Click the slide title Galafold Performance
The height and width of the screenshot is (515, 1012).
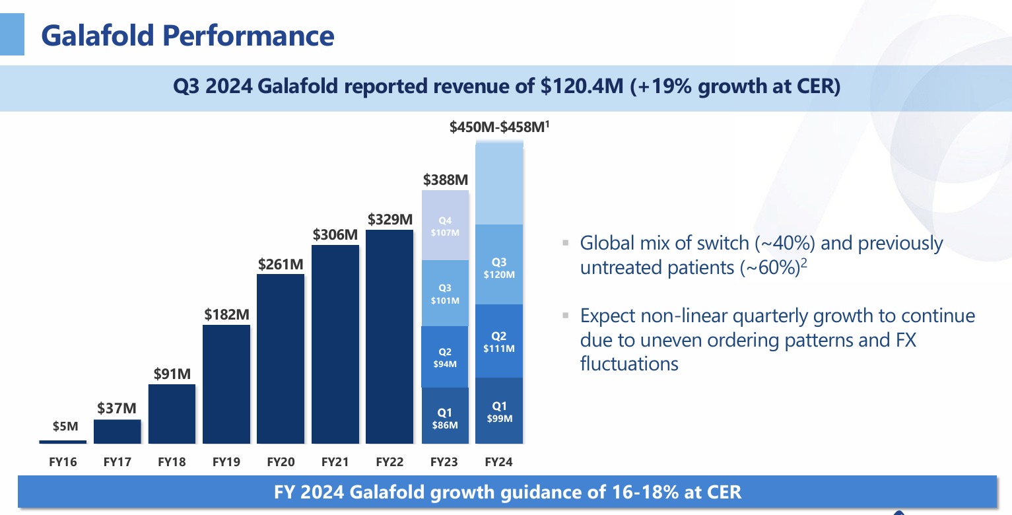coord(187,35)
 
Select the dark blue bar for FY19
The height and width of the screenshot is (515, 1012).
coord(226,384)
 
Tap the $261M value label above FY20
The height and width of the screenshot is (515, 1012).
coord(281,264)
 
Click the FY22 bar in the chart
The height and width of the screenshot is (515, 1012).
coord(389,336)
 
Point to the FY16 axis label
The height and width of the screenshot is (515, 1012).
coord(63,462)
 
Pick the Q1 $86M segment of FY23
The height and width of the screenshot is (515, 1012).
coord(445,415)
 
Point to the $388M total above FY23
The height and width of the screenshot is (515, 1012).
coord(445,180)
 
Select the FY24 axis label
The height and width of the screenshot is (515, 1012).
coord(499,462)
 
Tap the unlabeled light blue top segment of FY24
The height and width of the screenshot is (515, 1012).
coord(499,185)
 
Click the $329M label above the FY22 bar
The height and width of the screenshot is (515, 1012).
coord(389,219)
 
